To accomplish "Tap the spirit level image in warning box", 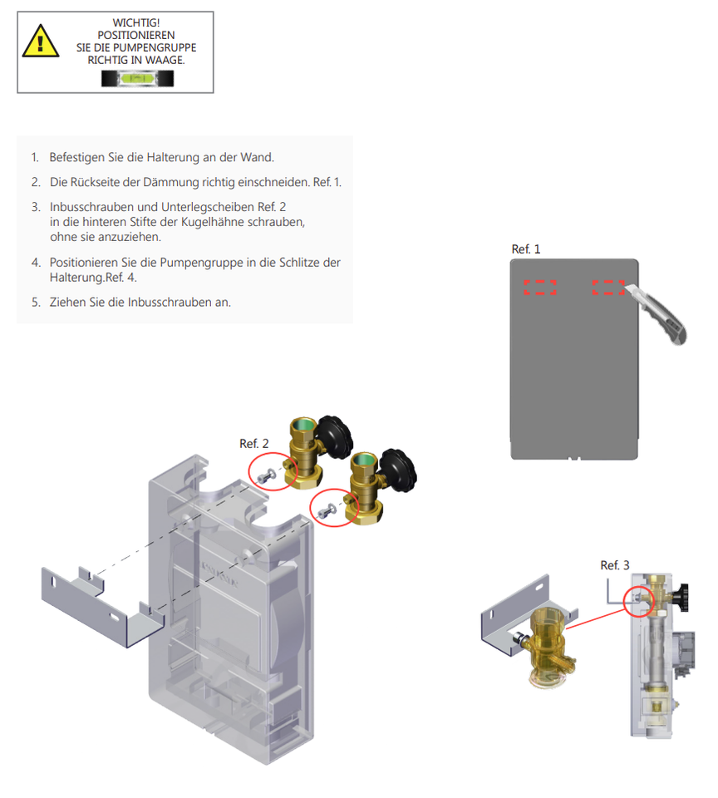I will tap(138, 78).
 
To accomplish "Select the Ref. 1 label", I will tap(525, 249).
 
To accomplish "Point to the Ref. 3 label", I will tap(615, 565).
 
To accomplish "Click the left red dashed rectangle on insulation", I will tap(540, 288).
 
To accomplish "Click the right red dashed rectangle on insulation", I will tap(607, 288).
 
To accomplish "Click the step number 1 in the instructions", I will tap(35, 157).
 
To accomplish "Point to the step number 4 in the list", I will tap(35, 263).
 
